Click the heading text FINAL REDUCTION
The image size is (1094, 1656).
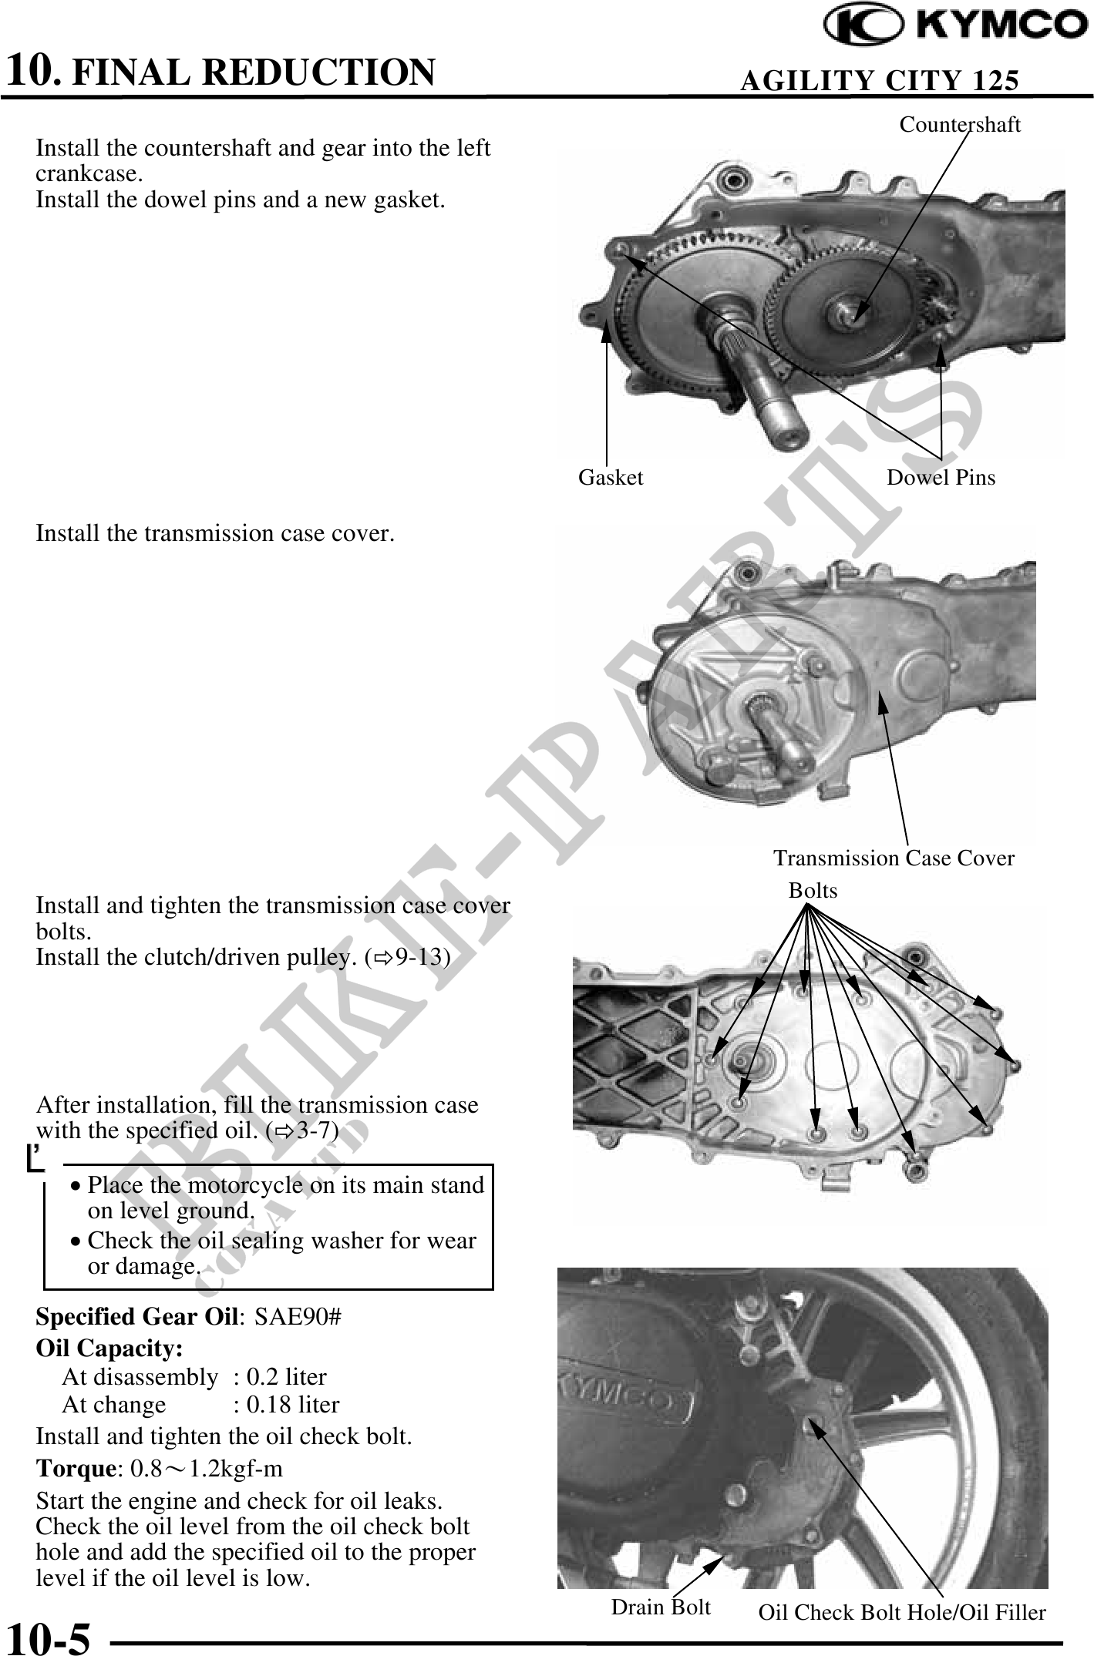pyautogui.click(x=254, y=72)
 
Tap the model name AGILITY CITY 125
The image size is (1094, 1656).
pyautogui.click(x=879, y=80)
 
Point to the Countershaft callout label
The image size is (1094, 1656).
pyautogui.click(x=960, y=125)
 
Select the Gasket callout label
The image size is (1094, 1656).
pyautogui.click(x=611, y=478)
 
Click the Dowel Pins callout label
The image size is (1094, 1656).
pyautogui.click(x=941, y=478)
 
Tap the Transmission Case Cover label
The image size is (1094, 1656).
pyautogui.click(x=894, y=858)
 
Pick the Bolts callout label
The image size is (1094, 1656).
pyautogui.click(x=813, y=891)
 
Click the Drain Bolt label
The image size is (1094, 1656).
pyautogui.click(x=661, y=1607)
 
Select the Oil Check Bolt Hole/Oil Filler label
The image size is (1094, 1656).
pyautogui.click(x=902, y=1612)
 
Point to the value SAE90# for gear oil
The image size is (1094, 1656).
pyautogui.click(x=298, y=1316)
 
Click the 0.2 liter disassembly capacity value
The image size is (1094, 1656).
pyautogui.click(x=286, y=1376)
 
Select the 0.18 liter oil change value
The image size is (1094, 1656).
pyautogui.click(x=292, y=1405)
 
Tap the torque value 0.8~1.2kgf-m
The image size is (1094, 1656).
pyautogui.click(x=207, y=1469)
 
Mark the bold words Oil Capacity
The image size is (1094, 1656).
pyautogui.click(x=109, y=1348)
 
